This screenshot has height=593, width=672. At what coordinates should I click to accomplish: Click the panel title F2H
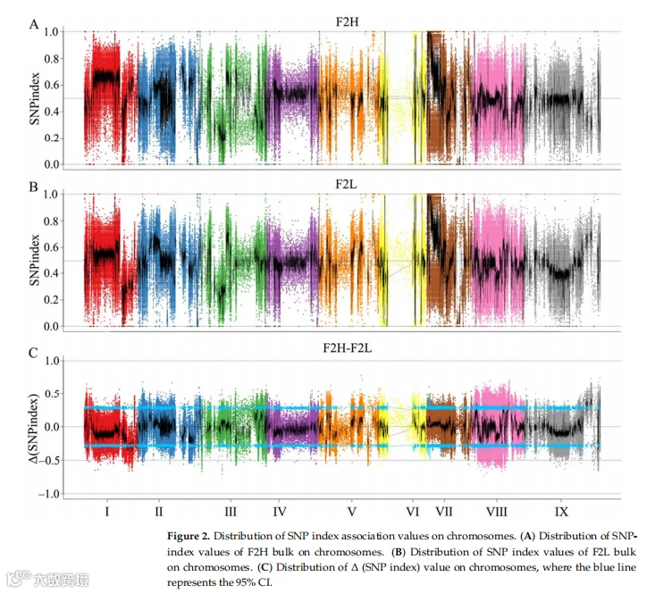pos(347,21)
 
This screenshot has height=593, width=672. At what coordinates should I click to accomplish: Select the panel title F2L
pos(346,184)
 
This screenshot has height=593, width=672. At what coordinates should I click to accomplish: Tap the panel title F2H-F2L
pos(347,347)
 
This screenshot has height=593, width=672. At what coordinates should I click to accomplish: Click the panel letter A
pos(34,24)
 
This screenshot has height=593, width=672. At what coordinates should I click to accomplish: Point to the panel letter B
pos(33,188)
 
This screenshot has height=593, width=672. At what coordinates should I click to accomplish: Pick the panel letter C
pos(33,353)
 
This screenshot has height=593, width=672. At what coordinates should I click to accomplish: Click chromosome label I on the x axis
pos(106,512)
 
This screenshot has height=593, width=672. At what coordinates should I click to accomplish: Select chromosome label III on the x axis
pos(231,512)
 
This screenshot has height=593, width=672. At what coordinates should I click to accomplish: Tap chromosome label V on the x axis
pos(351,512)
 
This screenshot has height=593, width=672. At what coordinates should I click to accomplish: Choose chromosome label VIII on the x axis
pos(496,512)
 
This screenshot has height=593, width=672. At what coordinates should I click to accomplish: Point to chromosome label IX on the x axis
pos(561,512)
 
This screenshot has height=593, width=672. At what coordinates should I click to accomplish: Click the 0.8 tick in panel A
pos(52,59)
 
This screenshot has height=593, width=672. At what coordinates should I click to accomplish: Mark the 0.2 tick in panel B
pos(52,300)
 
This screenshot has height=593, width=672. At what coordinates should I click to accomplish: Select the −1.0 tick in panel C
pos(48,494)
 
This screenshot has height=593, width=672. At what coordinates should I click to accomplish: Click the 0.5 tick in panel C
pos(52,394)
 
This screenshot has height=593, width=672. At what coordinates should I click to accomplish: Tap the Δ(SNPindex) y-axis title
pos(33,428)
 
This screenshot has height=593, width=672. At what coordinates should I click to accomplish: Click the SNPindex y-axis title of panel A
pos(34,98)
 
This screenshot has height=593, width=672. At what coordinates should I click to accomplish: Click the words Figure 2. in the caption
pos(189,536)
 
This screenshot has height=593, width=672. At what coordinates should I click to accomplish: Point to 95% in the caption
pos(246,582)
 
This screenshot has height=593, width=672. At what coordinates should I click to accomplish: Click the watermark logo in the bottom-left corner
pos(20,579)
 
